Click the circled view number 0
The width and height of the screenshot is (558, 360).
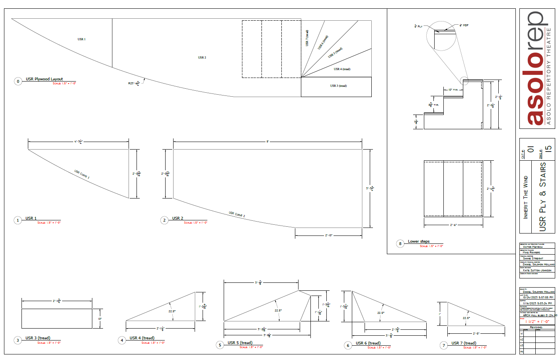(x=18, y=81)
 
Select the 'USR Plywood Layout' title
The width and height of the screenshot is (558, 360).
(x=44, y=79)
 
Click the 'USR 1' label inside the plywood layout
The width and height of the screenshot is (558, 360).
(x=82, y=39)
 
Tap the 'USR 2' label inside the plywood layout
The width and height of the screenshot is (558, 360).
(x=202, y=58)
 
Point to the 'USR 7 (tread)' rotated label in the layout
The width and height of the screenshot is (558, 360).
(x=307, y=38)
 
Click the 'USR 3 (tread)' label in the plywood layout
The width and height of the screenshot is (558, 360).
(x=338, y=86)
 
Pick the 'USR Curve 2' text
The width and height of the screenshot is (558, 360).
(x=237, y=214)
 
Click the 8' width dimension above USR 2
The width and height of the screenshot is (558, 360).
(x=267, y=141)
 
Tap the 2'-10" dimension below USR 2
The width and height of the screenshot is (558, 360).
(x=329, y=235)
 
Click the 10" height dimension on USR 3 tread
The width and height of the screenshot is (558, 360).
(x=100, y=319)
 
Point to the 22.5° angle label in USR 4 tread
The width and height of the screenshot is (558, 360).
(x=172, y=311)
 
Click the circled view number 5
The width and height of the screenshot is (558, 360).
(x=220, y=345)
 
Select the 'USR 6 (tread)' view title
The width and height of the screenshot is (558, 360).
(x=368, y=343)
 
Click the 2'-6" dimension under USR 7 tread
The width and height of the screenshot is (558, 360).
(x=476, y=333)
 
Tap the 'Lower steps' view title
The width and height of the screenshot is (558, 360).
(x=419, y=241)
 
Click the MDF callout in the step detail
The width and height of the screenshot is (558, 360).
(x=464, y=25)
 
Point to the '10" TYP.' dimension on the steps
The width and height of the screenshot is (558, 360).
(x=453, y=90)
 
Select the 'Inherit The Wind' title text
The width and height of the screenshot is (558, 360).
(x=526, y=197)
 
